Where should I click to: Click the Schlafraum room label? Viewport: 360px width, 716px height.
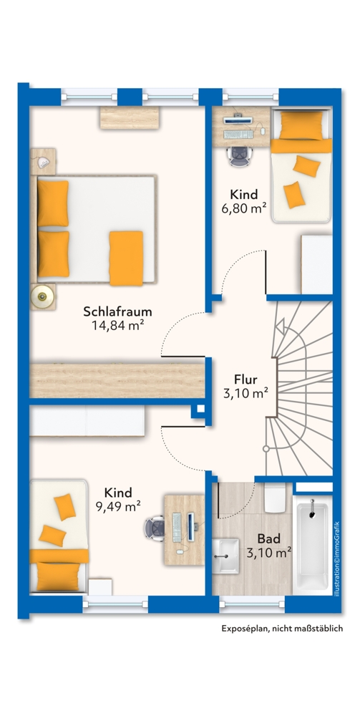tap(118, 312)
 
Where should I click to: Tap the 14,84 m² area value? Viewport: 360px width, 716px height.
tap(118, 326)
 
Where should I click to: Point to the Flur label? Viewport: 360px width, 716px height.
tap(246, 379)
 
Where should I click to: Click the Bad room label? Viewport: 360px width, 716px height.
tap(268, 538)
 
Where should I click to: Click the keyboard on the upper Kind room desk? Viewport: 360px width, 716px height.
tap(238, 133)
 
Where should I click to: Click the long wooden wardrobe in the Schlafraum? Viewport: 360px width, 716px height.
tap(118, 378)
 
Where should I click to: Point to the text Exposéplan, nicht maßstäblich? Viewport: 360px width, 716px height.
tap(282, 628)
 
